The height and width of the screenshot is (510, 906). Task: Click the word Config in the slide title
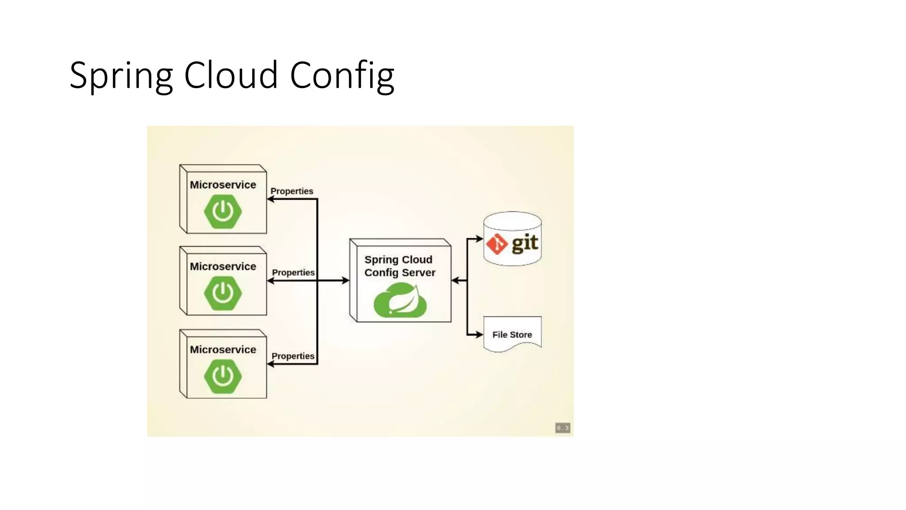pos(342,75)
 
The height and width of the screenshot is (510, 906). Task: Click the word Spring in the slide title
pos(120,75)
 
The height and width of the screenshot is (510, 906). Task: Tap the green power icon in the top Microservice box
pos(223,211)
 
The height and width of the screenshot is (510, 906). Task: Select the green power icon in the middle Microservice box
pos(223,293)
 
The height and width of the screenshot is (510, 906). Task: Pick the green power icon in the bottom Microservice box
pos(223,376)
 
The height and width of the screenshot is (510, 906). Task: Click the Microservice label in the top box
pos(223,185)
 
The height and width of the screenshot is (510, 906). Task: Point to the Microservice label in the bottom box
pos(223,349)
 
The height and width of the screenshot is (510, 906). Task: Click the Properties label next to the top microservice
pos(292,191)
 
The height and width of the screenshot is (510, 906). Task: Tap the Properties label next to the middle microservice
pos(293,272)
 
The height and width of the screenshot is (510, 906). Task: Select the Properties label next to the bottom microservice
pos(292,356)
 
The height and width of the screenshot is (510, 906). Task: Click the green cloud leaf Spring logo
pos(400,301)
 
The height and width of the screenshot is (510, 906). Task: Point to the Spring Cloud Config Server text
pos(399,266)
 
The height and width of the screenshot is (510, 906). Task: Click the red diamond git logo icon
pos(497,244)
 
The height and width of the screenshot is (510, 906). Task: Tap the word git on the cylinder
pos(525,243)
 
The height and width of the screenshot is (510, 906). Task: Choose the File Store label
pos(512,335)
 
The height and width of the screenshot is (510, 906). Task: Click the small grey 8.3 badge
pos(562,428)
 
